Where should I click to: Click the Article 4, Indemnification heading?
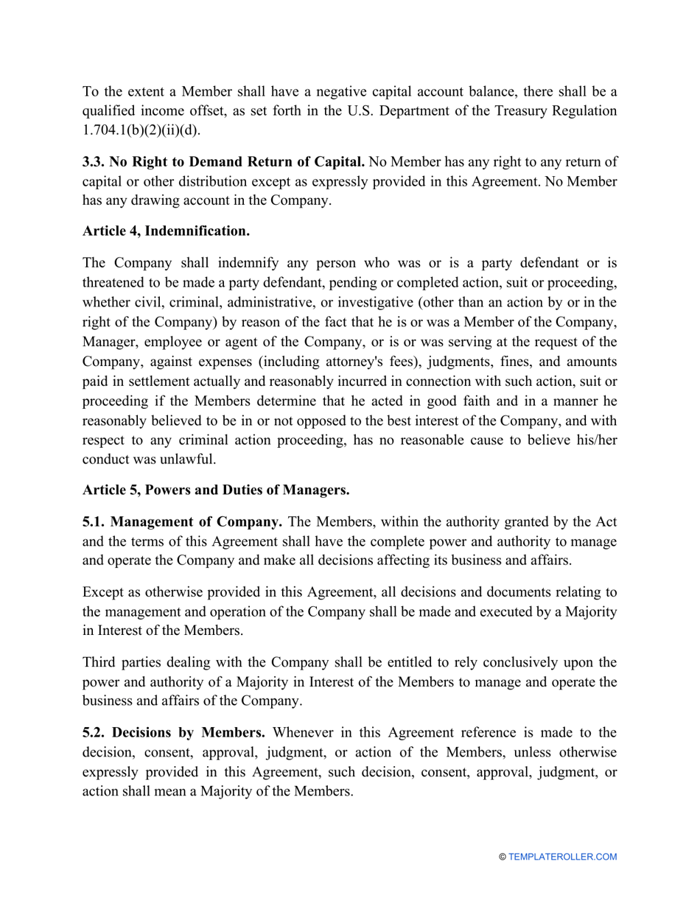click(166, 231)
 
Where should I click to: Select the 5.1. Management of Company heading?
click(182, 522)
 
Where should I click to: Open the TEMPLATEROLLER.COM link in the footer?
click(562, 857)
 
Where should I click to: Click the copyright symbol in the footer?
click(503, 857)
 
